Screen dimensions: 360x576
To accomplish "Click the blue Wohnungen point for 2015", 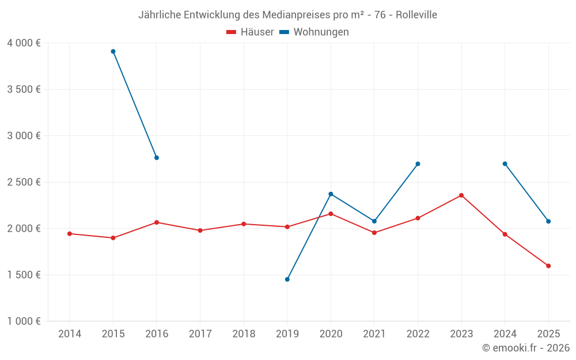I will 113,51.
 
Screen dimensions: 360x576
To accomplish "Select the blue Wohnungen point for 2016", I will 157,158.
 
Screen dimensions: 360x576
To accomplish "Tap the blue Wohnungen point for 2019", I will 287,279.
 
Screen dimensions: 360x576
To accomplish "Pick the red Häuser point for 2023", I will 461,195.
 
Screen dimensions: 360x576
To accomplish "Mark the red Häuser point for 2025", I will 548,266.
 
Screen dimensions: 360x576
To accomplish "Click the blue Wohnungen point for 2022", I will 418,164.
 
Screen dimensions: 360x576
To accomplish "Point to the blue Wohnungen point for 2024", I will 505,164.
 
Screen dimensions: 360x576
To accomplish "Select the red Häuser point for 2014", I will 70,234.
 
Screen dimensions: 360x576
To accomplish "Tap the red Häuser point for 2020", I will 331,214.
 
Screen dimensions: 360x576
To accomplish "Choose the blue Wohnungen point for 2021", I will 374,221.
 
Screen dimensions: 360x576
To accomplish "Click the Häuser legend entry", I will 250,32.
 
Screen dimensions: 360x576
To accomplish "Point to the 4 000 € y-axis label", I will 24,43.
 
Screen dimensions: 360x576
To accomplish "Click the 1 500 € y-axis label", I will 24,275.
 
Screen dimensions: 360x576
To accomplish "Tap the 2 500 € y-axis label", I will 24,182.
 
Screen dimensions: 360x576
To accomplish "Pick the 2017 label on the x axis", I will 200,334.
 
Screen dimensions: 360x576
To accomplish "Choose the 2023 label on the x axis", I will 461,334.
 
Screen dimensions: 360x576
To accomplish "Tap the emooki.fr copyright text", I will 525,348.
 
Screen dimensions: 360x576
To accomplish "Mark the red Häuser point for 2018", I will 244,224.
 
